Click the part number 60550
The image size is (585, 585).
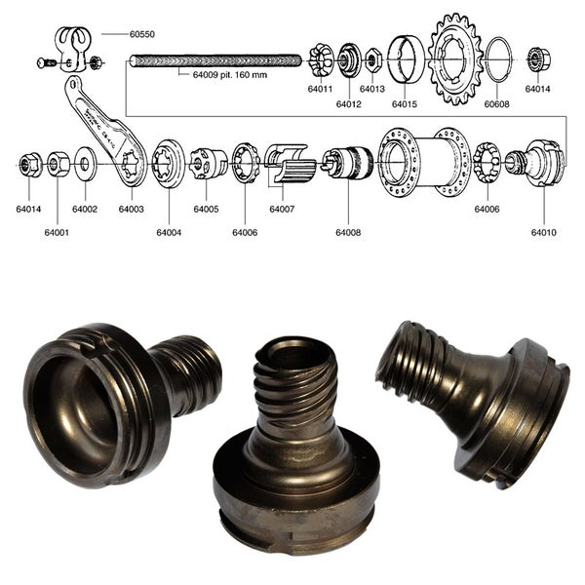pyautogui.click(x=141, y=33)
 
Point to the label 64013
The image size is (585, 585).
pyautogui.click(x=371, y=89)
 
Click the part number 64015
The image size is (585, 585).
pyautogui.click(x=405, y=103)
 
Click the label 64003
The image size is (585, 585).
pyautogui.click(x=132, y=209)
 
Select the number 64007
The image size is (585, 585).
pyautogui.click(x=283, y=209)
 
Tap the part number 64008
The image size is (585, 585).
pyautogui.click(x=348, y=233)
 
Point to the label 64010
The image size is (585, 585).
pyautogui.click(x=544, y=233)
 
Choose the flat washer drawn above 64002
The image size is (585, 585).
pyautogui.click(x=84, y=162)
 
